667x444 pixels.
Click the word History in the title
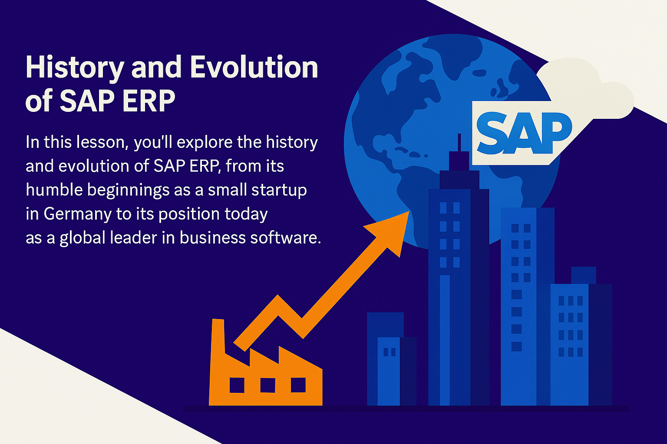[75, 68]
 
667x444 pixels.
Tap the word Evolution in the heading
[254, 67]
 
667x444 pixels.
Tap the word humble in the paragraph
[54, 189]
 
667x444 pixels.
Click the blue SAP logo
[524, 133]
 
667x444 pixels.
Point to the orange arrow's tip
[409, 212]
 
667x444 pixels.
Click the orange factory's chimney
[218, 336]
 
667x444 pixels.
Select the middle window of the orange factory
[267, 385]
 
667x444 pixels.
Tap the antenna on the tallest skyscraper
[459, 143]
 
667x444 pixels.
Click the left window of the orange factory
[237, 385]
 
